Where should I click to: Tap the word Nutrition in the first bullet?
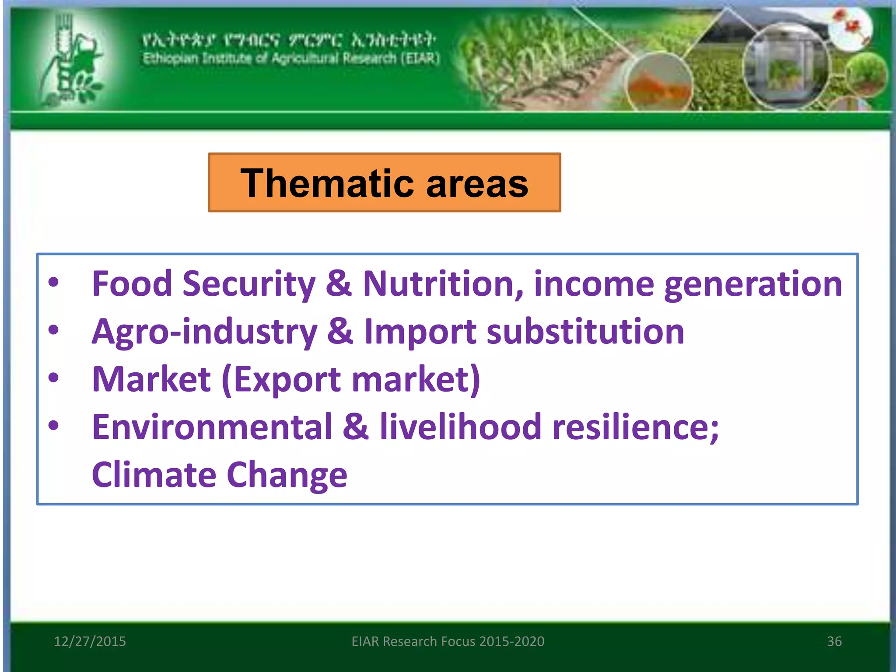(443, 284)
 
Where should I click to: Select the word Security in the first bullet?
(248, 285)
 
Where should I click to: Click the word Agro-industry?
(204, 332)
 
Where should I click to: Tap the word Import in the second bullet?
(420, 332)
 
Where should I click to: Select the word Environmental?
(212, 427)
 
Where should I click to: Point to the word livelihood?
(461, 427)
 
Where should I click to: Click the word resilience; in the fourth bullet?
(635, 427)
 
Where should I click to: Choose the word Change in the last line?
(287, 476)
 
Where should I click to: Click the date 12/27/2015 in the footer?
(90, 641)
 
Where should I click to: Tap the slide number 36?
(834, 641)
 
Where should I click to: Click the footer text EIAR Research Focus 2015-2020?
(448, 641)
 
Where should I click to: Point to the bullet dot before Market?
(53, 378)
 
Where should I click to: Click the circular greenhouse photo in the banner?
(785, 66)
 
